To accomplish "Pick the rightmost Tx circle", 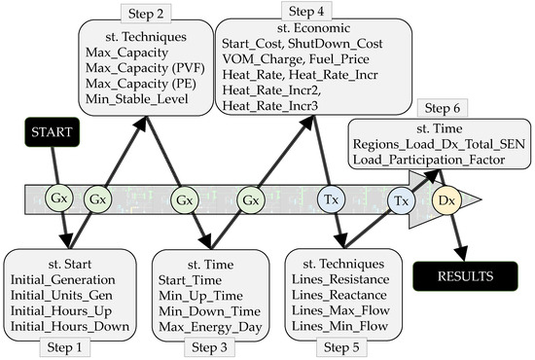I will pyautogui.click(x=400, y=200).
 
